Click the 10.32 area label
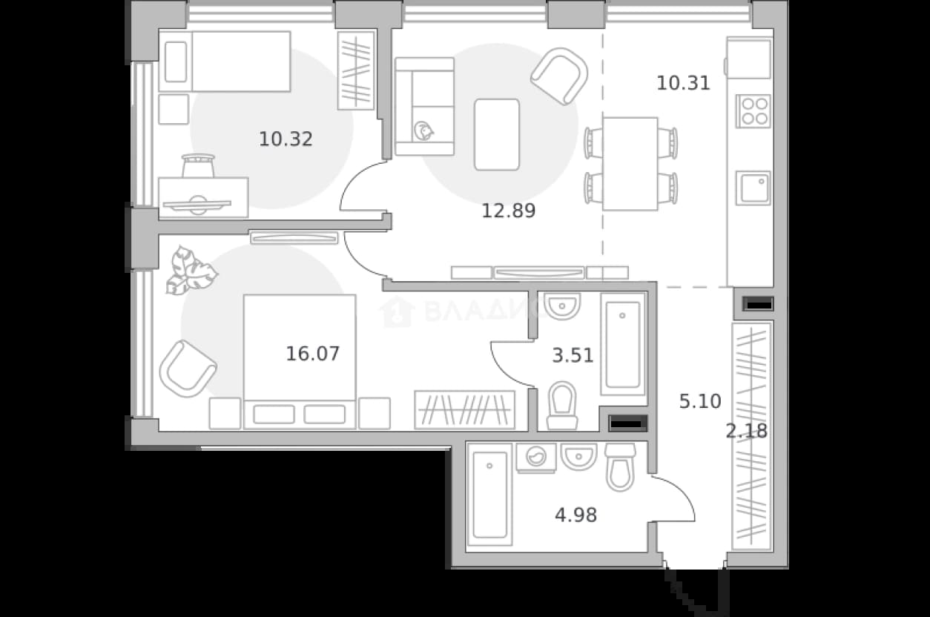coord(286,139)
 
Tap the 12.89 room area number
coord(509,211)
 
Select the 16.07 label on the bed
coord(313,354)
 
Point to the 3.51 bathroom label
coord(573,355)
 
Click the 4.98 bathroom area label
coord(576,515)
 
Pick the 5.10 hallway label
coord(700,401)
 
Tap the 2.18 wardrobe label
coord(747,431)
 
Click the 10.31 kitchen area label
coord(683,84)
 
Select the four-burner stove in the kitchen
coord(753,111)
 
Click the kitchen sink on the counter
coord(753,188)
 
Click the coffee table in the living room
coord(497,134)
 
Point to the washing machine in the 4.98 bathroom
coord(536,458)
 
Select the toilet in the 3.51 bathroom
coord(562,406)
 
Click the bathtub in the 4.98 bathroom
coord(490,495)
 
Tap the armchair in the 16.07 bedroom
coord(188,369)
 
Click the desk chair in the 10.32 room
coord(198,166)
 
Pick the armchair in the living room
coord(559,76)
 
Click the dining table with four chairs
coord(630,164)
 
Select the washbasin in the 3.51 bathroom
coord(561,306)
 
